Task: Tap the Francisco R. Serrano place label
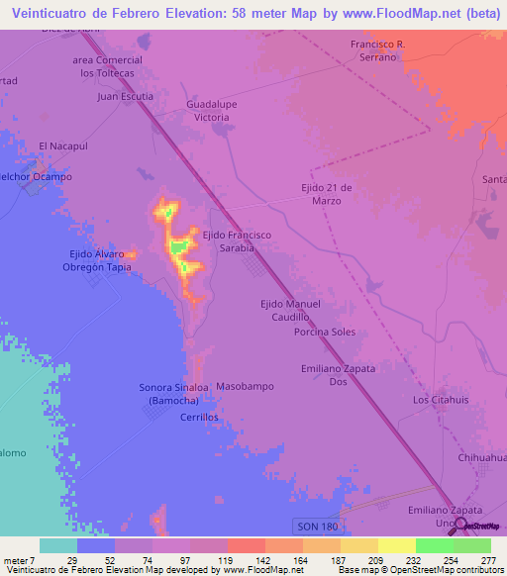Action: point(379,51)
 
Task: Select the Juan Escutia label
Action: point(126,97)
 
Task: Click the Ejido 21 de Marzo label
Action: point(321,193)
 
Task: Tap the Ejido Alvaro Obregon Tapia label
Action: point(100,260)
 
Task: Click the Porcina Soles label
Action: point(324,332)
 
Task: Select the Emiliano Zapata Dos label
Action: point(338,374)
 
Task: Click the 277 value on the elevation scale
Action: point(488,561)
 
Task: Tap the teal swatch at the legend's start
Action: point(58,545)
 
